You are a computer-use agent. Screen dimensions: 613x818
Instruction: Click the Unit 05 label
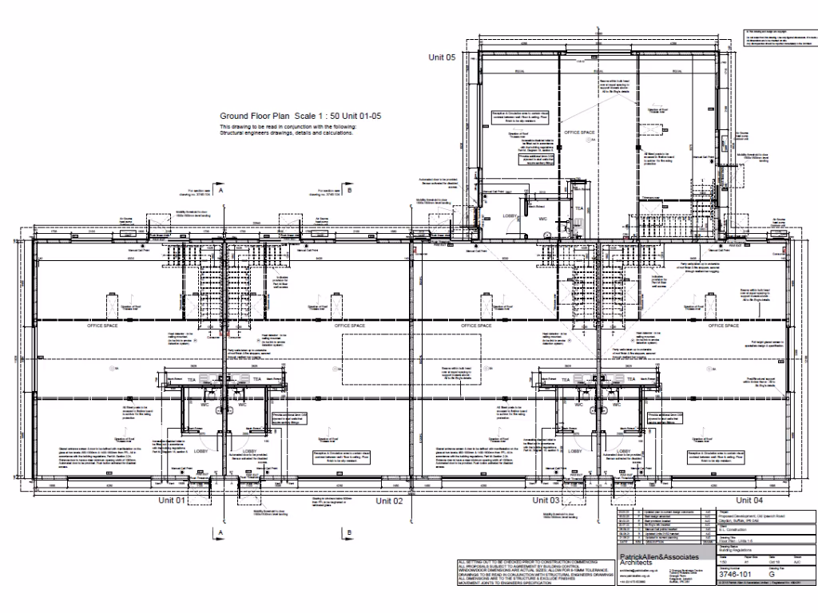coord(442,57)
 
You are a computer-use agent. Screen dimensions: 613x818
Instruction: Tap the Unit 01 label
coord(171,500)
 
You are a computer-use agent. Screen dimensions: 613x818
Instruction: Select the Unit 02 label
coord(388,500)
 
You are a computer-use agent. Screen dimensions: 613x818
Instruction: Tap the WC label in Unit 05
coord(542,217)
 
